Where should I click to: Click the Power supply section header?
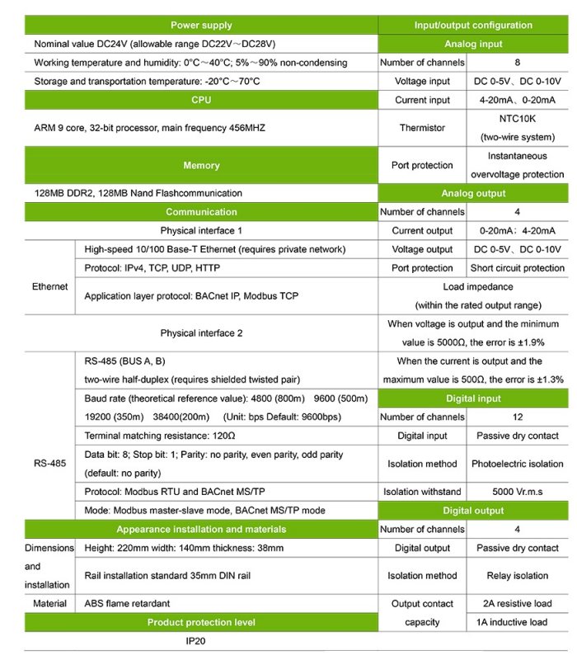click(x=201, y=25)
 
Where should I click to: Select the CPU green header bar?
click(x=201, y=100)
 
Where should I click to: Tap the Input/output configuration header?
click(x=472, y=25)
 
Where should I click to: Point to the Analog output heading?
click(x=472, y=193)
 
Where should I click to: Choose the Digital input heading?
click(x=472, y=398)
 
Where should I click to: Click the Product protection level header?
click(x=201, y=622)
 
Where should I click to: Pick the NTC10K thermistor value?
click(x=517, y=119)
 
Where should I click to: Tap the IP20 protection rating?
click(x=199, y=640)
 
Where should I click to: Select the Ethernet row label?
click(x=50, y=287)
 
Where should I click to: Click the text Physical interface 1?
click(x=201, y=230)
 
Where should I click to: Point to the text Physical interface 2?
click(x=201, y=333)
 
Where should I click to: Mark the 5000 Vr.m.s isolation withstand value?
click(x=517, y=492)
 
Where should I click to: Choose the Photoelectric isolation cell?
click(x=517, y=464)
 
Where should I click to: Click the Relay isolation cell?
click(x=517, y=576)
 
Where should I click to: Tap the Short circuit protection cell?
click(x=517, y=268)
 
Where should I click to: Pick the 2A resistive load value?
click(x=517, y=604)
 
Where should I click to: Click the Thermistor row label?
click(x=422, y=128)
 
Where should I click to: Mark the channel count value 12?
click(x=517, y=417)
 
